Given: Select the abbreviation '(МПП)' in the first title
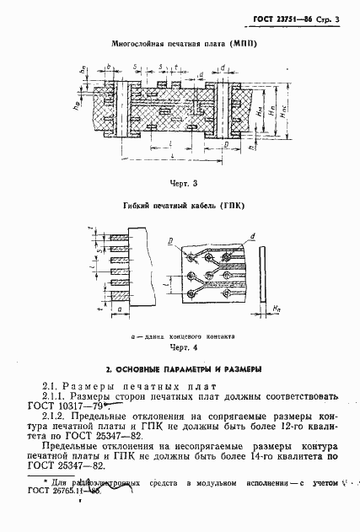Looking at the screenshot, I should (241, 42).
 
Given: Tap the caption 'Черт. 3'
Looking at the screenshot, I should (183, 182).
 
